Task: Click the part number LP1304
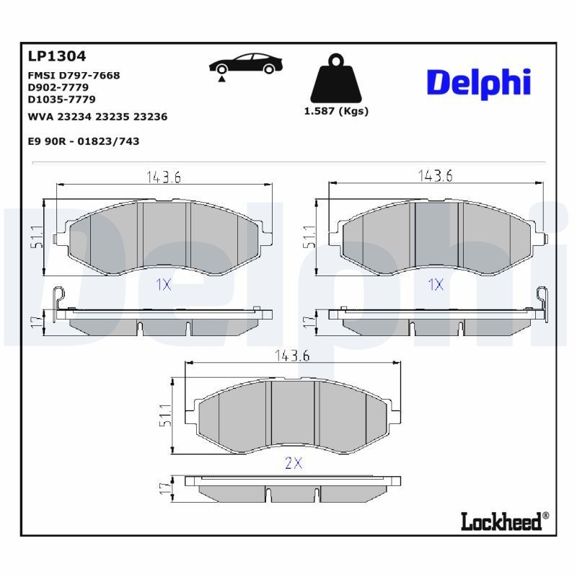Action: click(x=56, y=56)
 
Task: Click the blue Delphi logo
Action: click(x=478, y=83)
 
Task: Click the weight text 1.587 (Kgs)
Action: click(x=336, y=111)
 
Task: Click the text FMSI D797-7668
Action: click(x=74, y=75)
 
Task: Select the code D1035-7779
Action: click(x=61, y=99)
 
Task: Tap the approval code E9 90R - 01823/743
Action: click(x=83, y=141)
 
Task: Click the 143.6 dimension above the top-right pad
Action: click(x=436, y=176)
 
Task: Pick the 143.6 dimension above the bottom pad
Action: click(x=292, y=355)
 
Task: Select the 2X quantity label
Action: click(x=293, y=464)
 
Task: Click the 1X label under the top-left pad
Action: click(x=164, y=284)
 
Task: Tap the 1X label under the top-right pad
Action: click(x=436, y=284)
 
